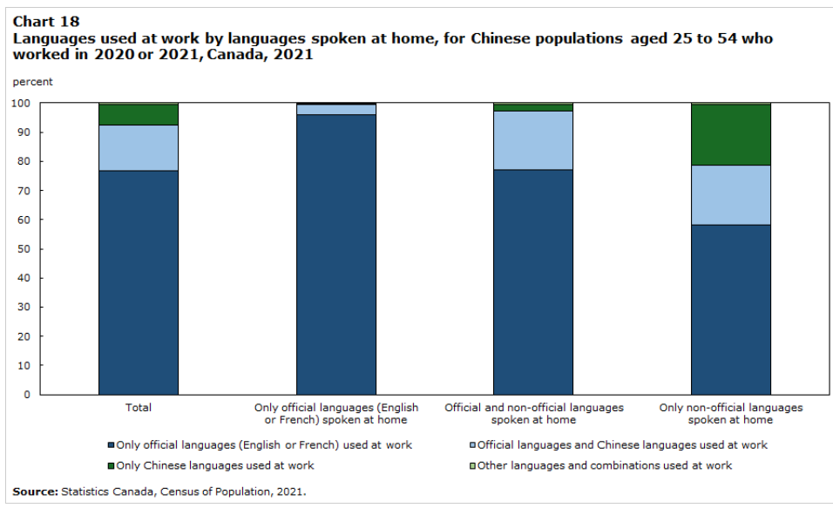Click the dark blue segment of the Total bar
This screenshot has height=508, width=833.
click(x=139, y=282)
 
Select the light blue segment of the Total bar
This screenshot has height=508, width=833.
click(x=139, y=147)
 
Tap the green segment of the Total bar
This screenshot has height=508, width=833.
click(x=139, y=114)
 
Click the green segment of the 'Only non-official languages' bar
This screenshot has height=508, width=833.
click(x=731, y=134)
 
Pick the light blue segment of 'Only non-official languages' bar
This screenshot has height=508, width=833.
click(x=731, y=195)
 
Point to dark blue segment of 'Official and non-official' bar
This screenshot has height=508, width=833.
click(x=533, y=282)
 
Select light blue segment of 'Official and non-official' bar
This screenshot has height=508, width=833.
click(x=533, y=140)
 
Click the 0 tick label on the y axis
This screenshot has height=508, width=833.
click(x=27, y=395)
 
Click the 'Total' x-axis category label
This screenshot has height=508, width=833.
click(x=139, y=408)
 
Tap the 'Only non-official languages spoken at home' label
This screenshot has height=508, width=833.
click(x=731, y=413)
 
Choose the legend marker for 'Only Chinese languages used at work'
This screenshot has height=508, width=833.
click(x=111, y=465)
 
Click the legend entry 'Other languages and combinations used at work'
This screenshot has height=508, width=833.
click(x=606, y=465)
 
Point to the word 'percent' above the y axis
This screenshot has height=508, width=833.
click(x=32, y=82)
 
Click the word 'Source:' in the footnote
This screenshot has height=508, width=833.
click(x=35, y=491)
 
